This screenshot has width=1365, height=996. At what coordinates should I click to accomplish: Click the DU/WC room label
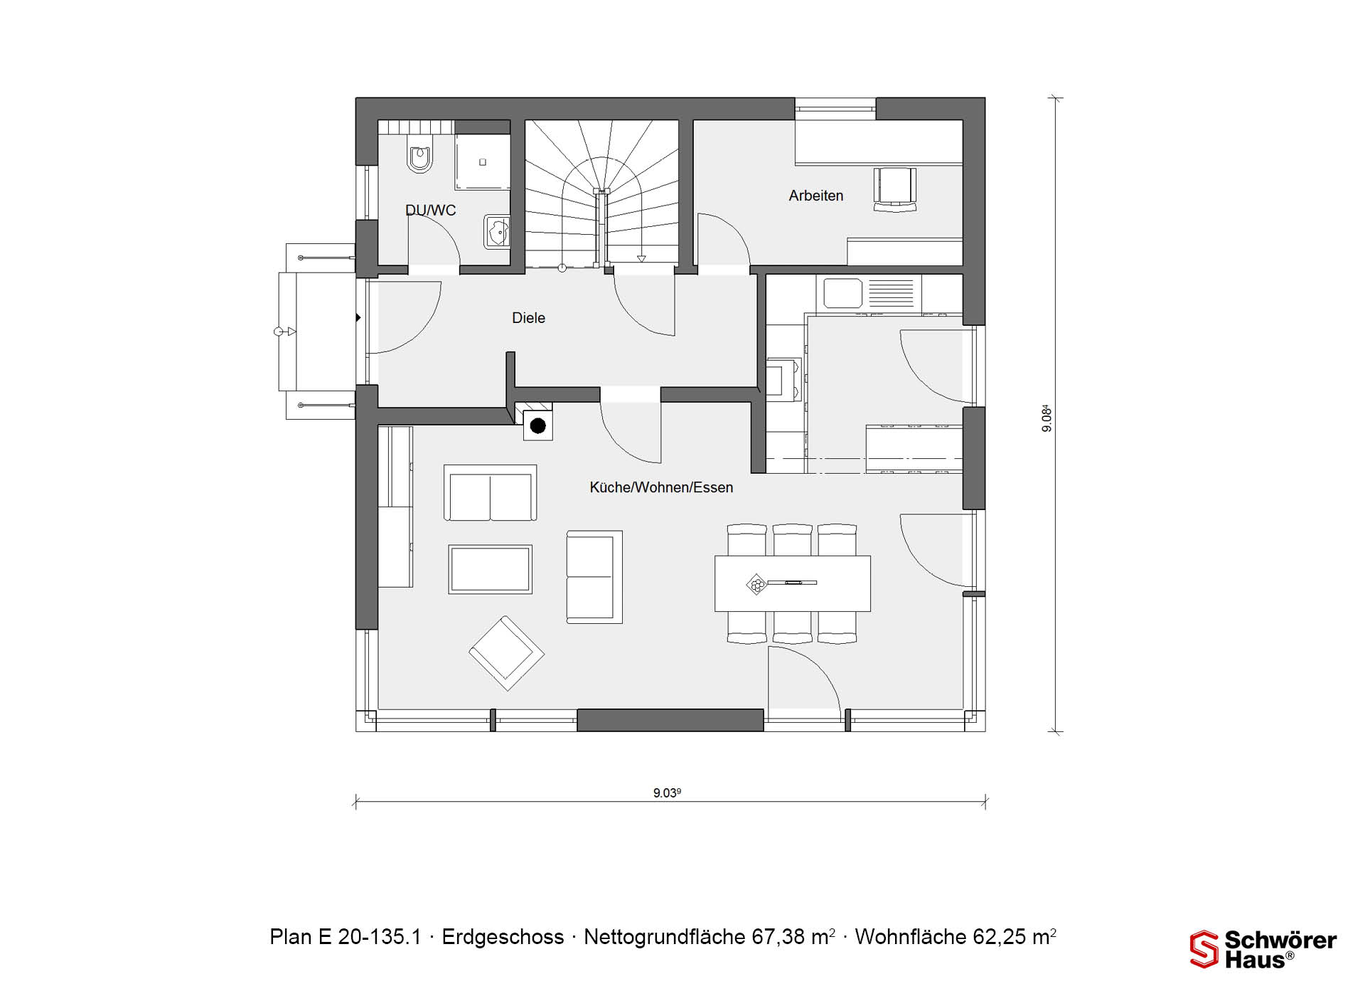pyautogui.click(x=430, y=210)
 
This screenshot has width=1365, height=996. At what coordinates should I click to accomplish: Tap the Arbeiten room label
pyautogui.click(x=815, y=196)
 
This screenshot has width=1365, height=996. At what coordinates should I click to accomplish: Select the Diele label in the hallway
pyautogui.click(x=528, y=318)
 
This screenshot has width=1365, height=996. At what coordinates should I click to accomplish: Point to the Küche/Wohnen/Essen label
pyautogui.click(x=661, y=487)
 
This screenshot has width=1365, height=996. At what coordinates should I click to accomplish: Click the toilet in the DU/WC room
pyautogui.click(x=419, y=158)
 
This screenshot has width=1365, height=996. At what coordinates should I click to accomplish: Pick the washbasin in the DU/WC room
pyautogui.click(x=497, y=231)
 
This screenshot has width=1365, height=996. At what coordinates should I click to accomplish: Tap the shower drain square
pyautogui.click(x=483, y=162)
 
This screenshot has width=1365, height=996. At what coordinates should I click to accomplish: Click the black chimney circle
pyautogui.click(x=538, y=426)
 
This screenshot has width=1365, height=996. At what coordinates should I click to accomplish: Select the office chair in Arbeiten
pyautogui.click(x=894, y=189)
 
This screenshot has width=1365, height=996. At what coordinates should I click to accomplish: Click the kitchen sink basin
pyautogui.click(x=842, y=293)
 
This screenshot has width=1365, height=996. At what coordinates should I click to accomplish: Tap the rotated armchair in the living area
pyautogui.click(x=506, y=653)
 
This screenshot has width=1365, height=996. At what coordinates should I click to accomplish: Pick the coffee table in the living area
pyautogui.click(x=490, y=569)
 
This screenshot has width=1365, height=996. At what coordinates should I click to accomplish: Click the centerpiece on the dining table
pyautogui.click(x=756, y=585)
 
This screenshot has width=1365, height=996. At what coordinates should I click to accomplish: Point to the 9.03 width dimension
pyautogui.click(x=667, y=793)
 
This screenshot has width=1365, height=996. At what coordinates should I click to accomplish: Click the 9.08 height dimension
pyautogui.click(x=1046, y=418)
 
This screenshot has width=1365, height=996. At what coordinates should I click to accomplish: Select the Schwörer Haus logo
pyautogui.click(x=1263, y=949)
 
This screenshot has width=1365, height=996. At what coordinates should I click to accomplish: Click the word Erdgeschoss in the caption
pyautogui.click(x=503, y=937)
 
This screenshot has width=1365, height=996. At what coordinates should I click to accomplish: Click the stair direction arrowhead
pyautogui.click(x=642, y=259)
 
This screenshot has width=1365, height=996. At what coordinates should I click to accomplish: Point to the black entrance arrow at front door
pyautogui.click(x=358, y=317)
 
